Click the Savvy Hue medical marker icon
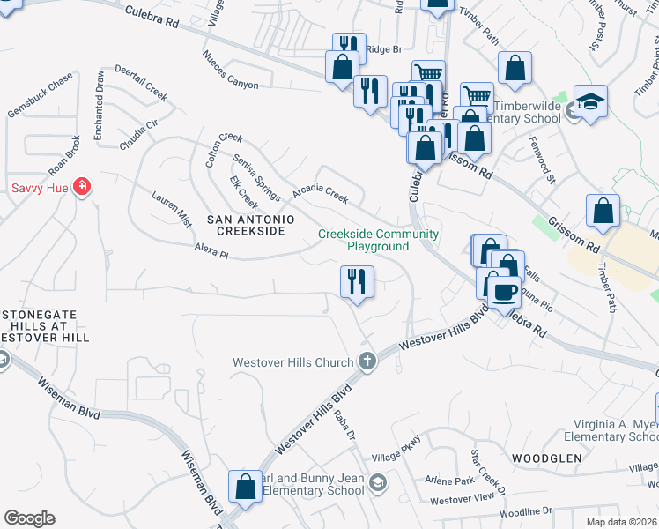[x=82, y=187]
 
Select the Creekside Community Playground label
[x=378, y=240]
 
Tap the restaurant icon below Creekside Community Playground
[x=357, y=282]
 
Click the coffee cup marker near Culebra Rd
[x=503, y=290]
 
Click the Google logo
[x=29, y=518]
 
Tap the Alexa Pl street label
[x=211, y=254]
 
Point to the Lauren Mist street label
[x=172, y=209]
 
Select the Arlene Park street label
[x=450, y=481]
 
